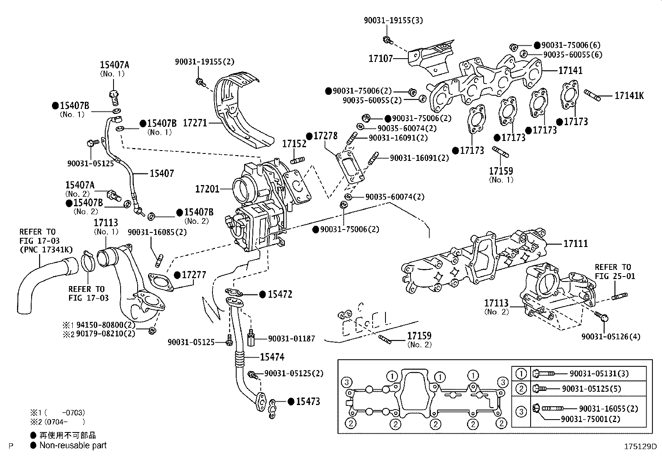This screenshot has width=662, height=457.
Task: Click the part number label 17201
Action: (207, 189)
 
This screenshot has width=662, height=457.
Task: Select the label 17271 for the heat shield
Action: (195, 123)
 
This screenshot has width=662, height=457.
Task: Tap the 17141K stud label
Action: (629, 96)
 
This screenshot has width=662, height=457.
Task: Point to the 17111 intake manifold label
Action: (576, 244)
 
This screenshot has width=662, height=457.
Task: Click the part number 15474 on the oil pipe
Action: (272, 357)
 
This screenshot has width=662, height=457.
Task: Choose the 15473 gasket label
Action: (308, 401)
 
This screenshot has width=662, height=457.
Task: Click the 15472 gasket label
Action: (280, 294)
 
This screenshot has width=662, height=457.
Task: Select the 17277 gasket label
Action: (194, 275)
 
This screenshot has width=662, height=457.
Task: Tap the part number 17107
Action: (380, 58)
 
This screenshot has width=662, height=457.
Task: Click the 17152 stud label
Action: (294, 144)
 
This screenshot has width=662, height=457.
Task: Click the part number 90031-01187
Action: (291, 339)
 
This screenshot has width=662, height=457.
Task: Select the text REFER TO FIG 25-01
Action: (615, 272)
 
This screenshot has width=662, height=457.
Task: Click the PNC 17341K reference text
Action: (46, 249)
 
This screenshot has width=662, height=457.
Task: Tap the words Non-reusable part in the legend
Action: (73, 445)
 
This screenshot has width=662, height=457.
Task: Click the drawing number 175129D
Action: (640, 447)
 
